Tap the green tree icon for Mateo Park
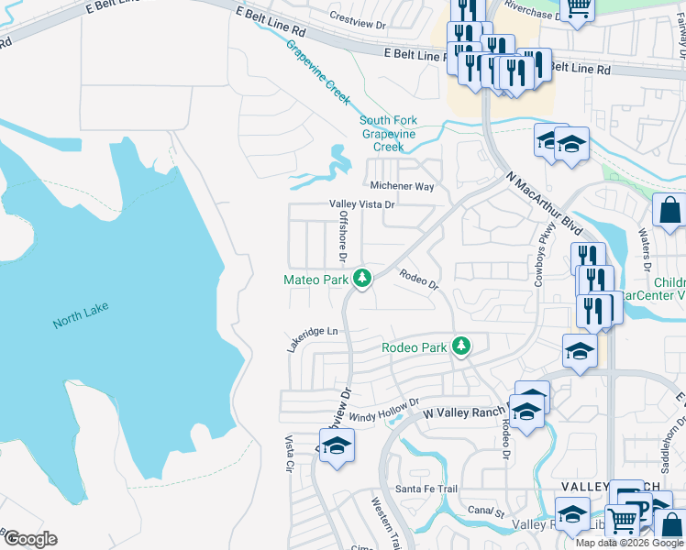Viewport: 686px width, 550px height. [362, 278]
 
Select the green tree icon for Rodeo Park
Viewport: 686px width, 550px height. [463, 346]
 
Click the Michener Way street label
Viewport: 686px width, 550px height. [402, 186]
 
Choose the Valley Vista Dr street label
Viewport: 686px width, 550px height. [362, 205]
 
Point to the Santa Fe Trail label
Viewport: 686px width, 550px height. [426, 489]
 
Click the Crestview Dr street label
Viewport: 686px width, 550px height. [360, 17]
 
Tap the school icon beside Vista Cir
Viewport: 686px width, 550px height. [337, 445]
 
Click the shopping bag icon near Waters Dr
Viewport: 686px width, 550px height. [669, 210]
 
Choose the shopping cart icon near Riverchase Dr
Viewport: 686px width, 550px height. [578, 6]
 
